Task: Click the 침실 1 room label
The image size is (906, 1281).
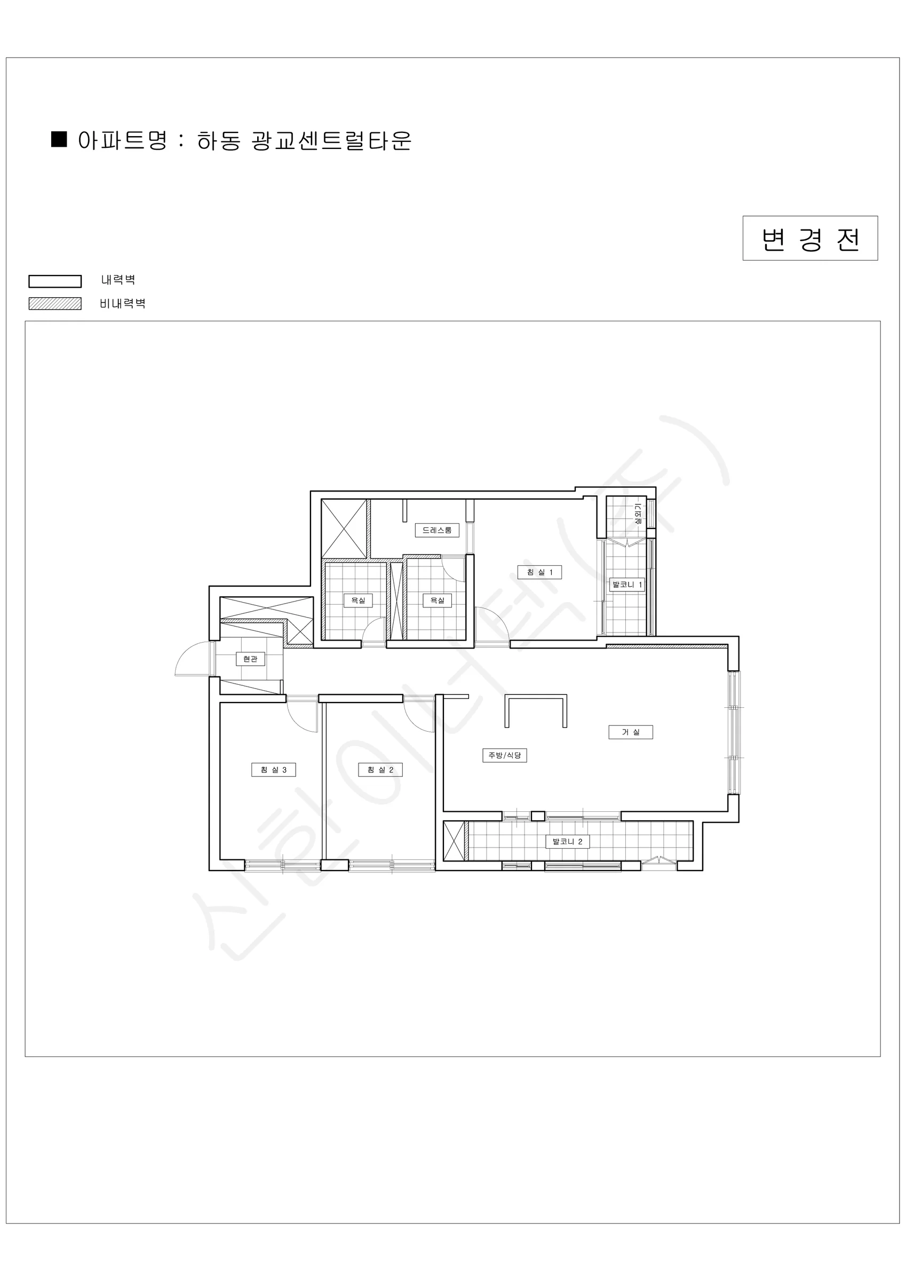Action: coord(539,572)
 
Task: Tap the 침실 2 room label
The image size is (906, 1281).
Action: coord(380,770)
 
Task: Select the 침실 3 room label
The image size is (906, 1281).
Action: coord(273,770)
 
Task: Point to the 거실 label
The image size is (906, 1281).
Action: coord(630,732)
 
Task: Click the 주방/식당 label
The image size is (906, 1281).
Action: coord(504,755)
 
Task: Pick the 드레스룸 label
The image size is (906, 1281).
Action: coord(437,530)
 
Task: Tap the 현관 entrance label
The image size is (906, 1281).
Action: coord(250,659)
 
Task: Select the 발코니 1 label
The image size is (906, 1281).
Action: coord(627,584)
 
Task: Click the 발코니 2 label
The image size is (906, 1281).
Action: coord(567,841)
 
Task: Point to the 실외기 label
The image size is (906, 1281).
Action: coord(638,514)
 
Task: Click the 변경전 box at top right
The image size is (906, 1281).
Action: coord(810,238)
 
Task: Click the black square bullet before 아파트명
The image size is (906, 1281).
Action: coord(59,139)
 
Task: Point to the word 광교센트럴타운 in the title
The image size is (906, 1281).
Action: coord(331,140)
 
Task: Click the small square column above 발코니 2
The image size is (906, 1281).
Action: coord(538,816)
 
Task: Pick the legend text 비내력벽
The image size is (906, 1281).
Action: coord(123,304)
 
